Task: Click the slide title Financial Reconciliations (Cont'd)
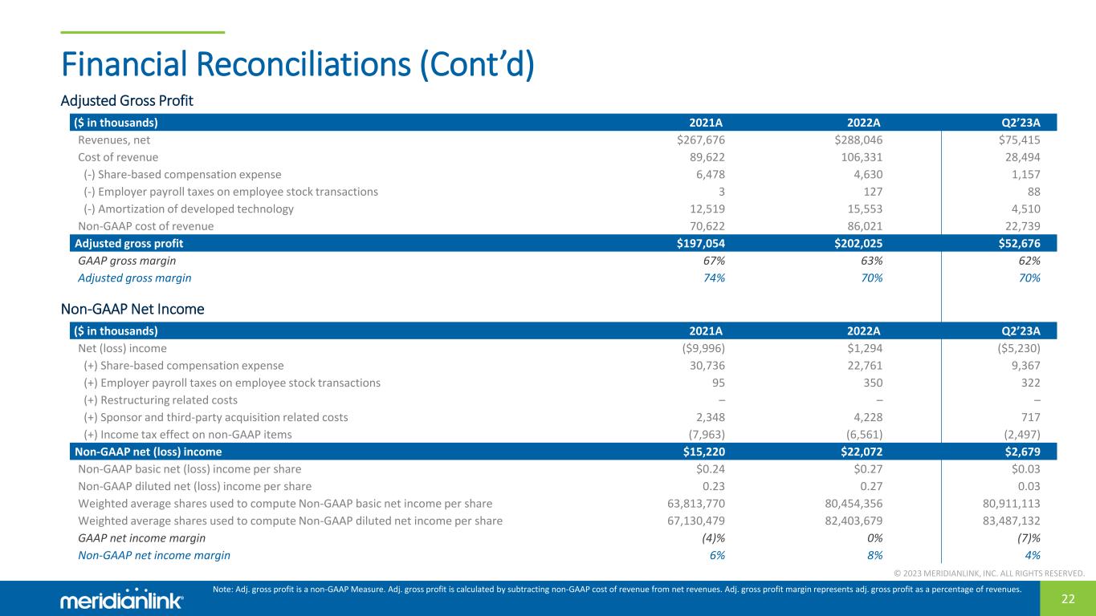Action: point(297,65)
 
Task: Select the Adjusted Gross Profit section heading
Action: point(127,101)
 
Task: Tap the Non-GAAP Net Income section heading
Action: point(132,309)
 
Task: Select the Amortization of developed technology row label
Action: point(188,209)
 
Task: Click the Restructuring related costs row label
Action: point(160,400)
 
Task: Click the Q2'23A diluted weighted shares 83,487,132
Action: point(1007,521)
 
